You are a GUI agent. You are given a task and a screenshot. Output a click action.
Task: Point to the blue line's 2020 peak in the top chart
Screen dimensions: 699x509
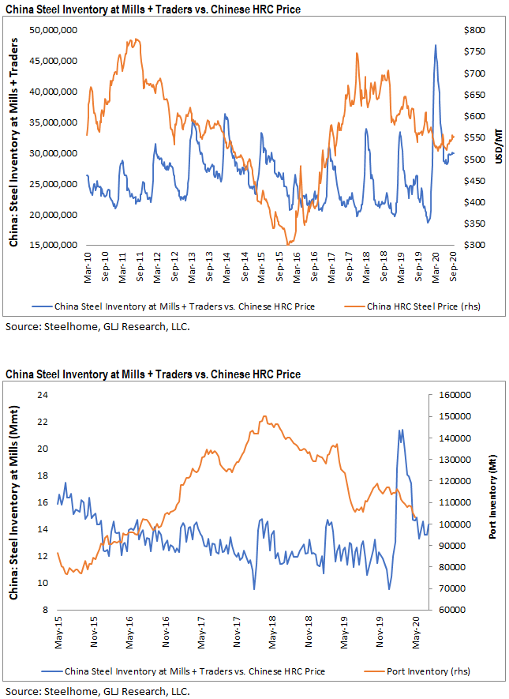tap(435, 46)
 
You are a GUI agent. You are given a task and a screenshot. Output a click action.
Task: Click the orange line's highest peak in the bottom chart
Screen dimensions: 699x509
tap(264, 416)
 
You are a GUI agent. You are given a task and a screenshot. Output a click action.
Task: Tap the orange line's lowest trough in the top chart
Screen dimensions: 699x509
tap(289, 244)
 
